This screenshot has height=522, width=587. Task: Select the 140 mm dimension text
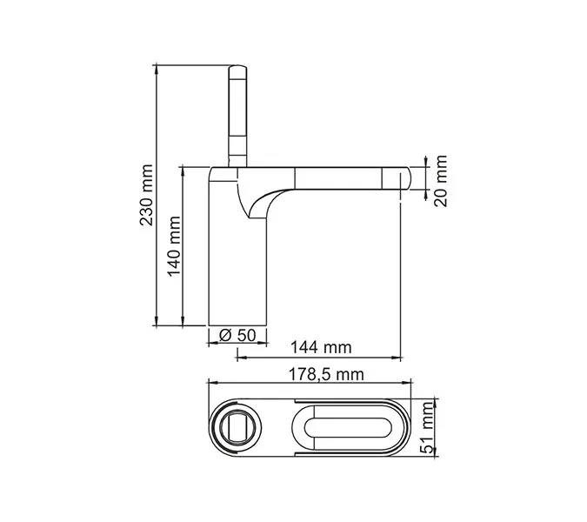coord(173,245)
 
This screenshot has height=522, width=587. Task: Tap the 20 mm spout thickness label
coord(441,180)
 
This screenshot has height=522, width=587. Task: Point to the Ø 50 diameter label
coord(237,335)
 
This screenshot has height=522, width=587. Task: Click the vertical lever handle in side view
coord(237,113)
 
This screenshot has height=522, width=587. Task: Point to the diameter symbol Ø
coord(224,335)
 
